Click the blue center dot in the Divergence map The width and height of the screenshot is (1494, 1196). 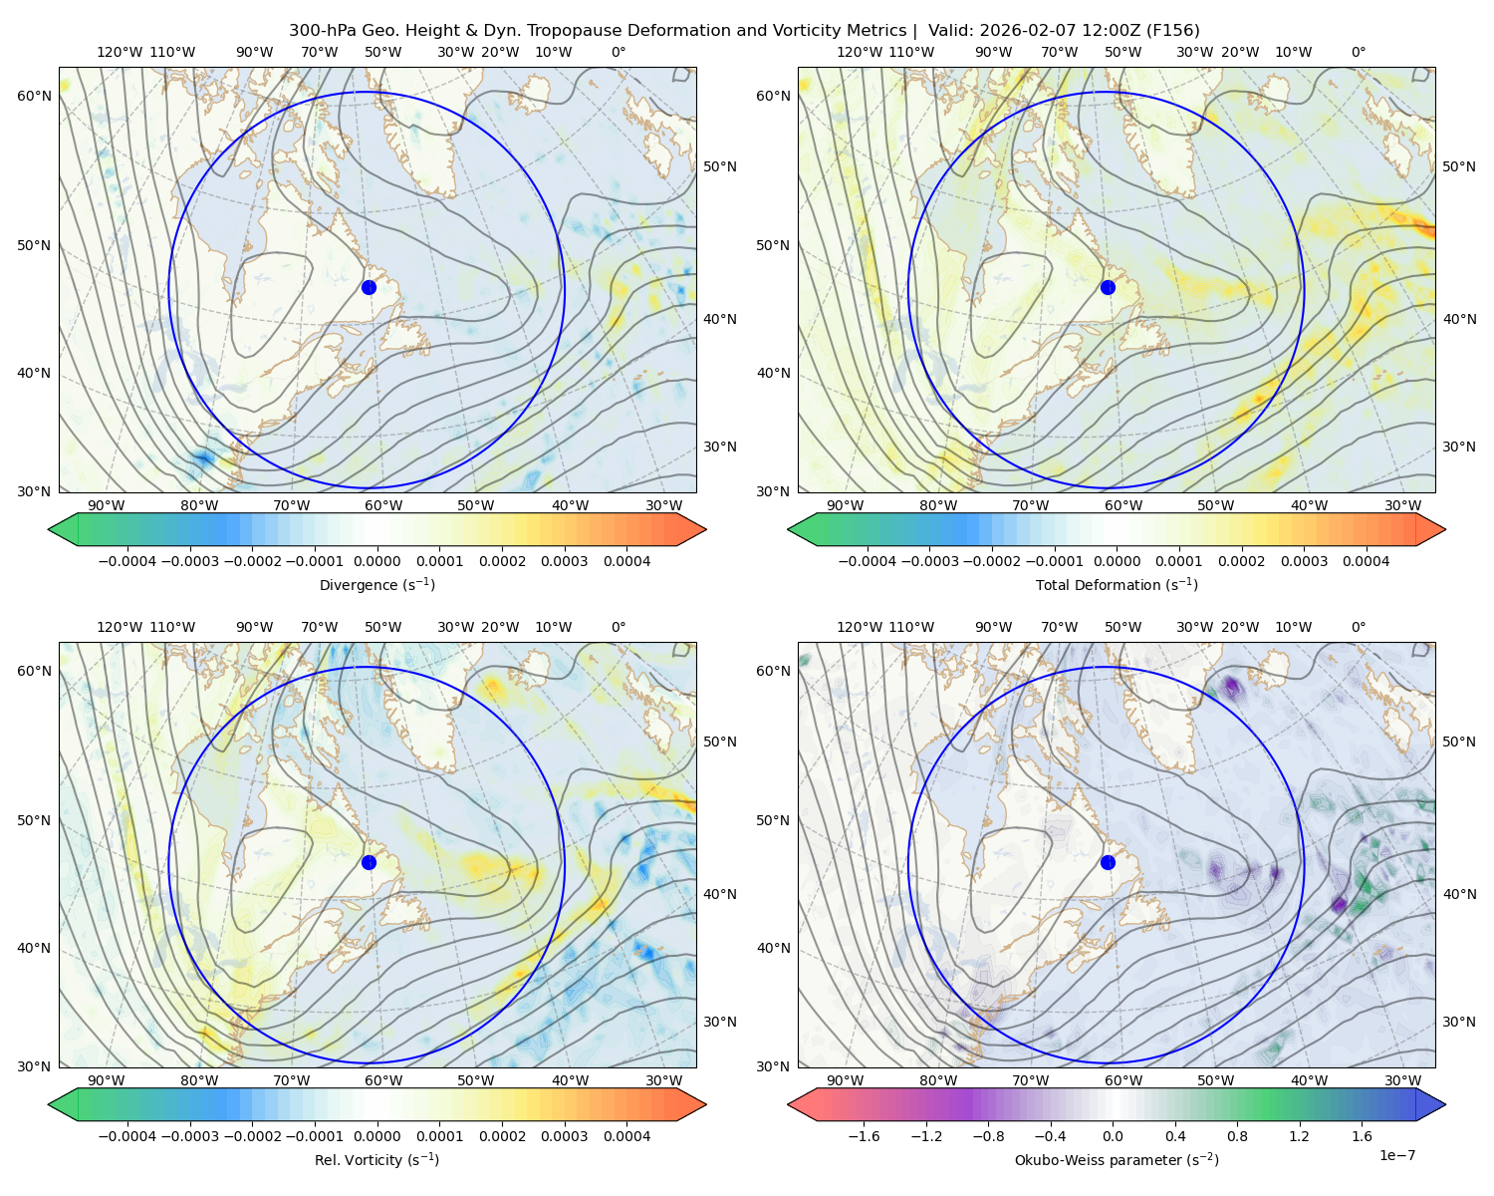point(369,287)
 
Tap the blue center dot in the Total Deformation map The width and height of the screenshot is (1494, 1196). point(1108,287)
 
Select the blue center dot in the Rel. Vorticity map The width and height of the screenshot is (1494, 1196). point(369,862)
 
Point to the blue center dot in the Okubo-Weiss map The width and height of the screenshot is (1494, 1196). point(1108,862)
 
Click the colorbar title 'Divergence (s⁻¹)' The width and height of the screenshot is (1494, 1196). point(376,584)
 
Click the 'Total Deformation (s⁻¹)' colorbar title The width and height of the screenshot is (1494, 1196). point(1117,584)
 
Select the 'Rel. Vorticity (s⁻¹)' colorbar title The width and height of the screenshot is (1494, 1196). point(376,1159)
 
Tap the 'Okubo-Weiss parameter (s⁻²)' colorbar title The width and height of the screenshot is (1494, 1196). point(1117,1159)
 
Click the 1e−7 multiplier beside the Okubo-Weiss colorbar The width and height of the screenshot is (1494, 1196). point(1396,1155)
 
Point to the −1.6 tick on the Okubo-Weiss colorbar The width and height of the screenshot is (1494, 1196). point(864,1136)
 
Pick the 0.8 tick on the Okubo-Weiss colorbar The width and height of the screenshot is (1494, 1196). point(1237,1136)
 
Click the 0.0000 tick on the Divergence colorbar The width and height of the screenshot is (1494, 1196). point(376,561)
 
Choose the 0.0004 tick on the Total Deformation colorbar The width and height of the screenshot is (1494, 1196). point(1366,561)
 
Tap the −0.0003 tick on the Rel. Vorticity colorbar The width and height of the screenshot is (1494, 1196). point(189,1136)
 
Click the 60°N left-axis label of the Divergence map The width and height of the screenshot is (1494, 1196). point(34,96)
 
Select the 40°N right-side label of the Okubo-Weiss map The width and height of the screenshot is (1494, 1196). point(1459,894)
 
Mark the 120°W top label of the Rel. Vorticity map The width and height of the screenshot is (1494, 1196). point(120,627)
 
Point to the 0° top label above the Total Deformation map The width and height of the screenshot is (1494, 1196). point(1358,52)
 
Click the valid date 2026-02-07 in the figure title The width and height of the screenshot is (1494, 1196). point(1016,31)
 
